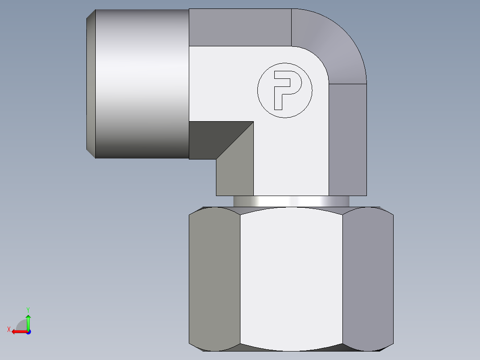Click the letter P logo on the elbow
[x=285, y=90]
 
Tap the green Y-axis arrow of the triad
[x=28, y=320]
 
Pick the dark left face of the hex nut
[x=214, y=278]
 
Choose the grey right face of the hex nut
[x=368, y=278]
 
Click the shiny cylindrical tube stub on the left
[x=142, y=84]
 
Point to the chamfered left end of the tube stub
[x=91, y=84]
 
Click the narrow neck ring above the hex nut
[x=291, y=201]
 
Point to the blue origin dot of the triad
[x=28, y=332]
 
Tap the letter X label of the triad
[x=8, y=329]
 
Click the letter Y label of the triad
[x=28, y=309]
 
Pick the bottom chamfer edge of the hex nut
[x=291, y=348]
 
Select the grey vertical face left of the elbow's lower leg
[x=235, y=172]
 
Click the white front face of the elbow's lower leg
[x=291, y=156]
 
